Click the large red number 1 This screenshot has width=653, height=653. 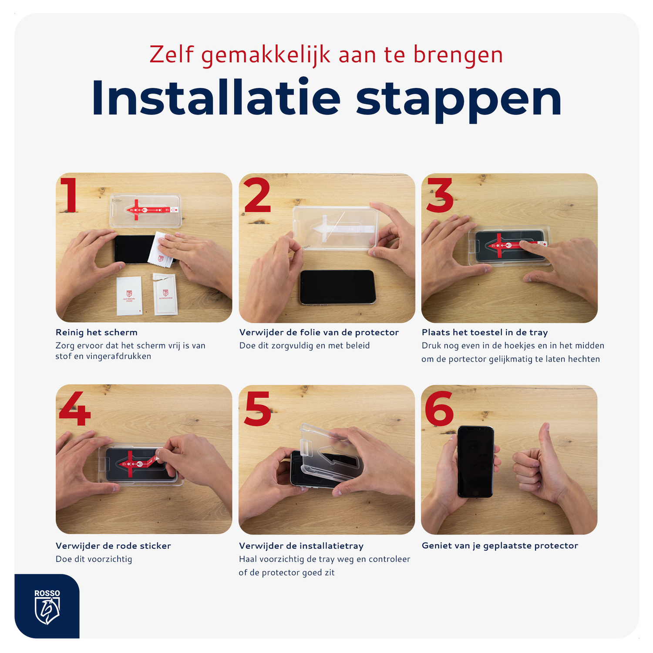[69, 195]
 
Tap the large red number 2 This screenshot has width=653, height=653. [257, 195]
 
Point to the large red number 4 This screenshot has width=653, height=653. [75, 408]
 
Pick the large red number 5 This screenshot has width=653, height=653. [257, 408]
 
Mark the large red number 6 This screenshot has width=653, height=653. [439, 408]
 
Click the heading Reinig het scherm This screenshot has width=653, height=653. [97, 332]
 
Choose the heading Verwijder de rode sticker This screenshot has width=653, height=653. [113, 546]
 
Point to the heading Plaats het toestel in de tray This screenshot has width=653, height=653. [485, 332]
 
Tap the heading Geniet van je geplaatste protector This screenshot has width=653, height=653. [500, 546]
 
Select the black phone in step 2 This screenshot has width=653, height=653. [337, 287]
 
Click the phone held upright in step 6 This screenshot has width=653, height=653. [475, 462]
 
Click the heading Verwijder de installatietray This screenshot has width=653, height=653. [301, 546]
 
